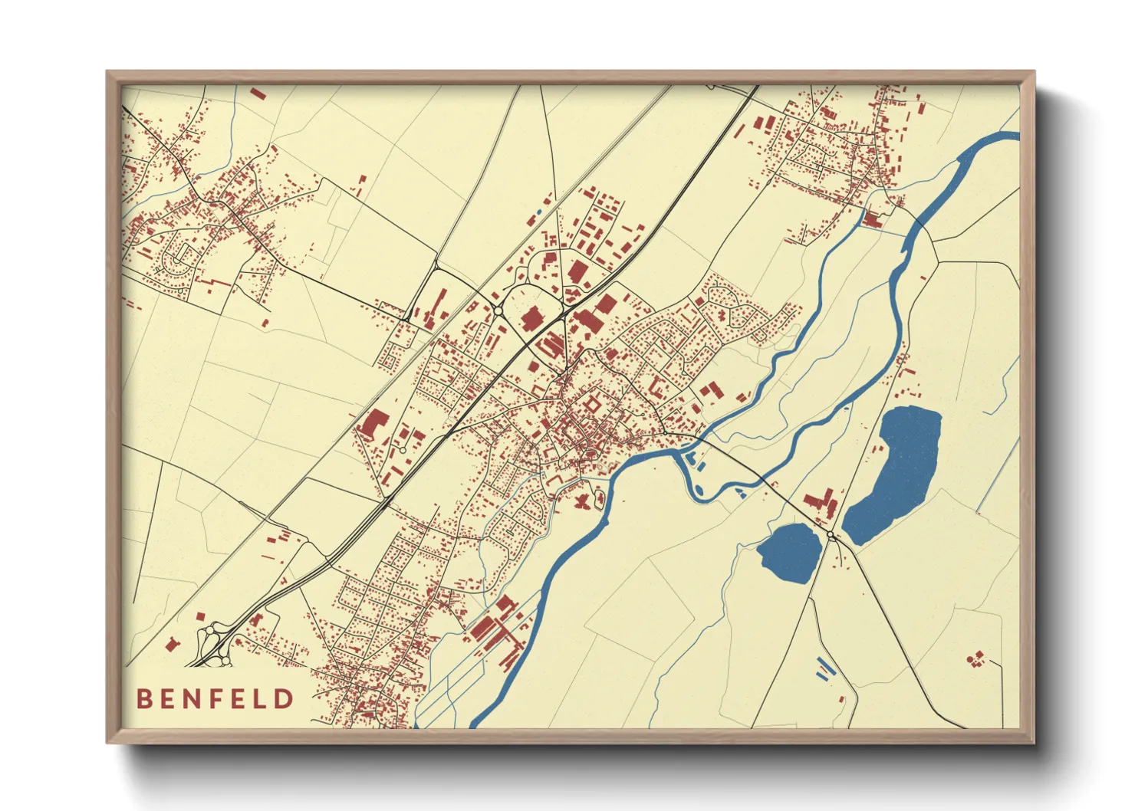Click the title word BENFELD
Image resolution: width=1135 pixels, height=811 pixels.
[x=215, y=698]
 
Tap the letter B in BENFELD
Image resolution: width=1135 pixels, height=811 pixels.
[x=143, y=698]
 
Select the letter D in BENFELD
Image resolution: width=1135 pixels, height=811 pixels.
[x=285, y=698]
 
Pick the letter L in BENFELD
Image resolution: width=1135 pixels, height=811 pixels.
[x=262, y=698]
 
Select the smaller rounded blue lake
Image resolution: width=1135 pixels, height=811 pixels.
[x=790, y=552]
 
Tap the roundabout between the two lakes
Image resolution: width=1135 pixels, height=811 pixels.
[x=831, y=535]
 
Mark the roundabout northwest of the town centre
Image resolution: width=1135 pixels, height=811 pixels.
[x=498, y=311]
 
